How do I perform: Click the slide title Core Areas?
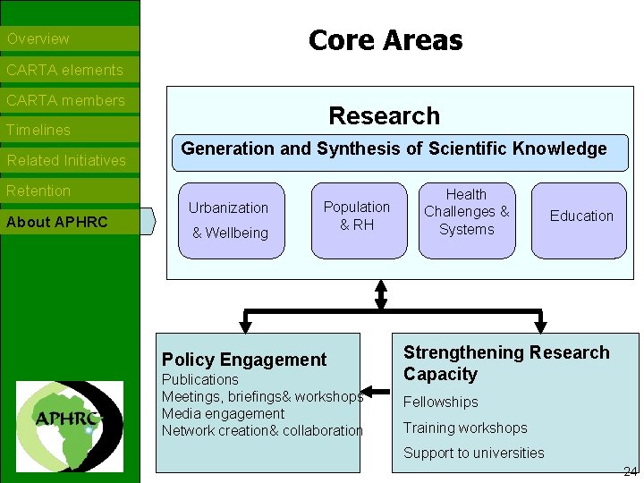386,40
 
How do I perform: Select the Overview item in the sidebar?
38,39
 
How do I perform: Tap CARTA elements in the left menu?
64,70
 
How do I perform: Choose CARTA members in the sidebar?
65,100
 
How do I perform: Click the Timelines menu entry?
38,131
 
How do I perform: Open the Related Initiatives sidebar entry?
66,161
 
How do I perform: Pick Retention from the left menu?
38,191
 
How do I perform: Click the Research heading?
385,116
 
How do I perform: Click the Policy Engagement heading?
244,360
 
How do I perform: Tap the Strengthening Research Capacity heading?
506,363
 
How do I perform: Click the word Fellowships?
441,402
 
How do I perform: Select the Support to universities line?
473,453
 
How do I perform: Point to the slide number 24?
630,471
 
